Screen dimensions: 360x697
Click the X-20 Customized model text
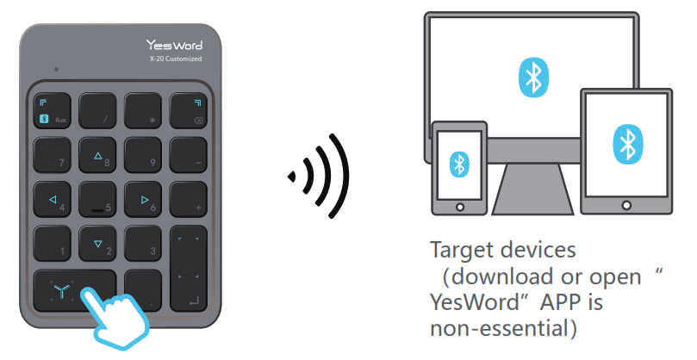click(x=175, y=59)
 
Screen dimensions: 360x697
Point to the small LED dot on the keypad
click(x=57, y=68)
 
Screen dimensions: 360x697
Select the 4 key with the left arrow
click(x=52, y=199)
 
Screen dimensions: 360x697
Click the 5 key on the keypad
click(x=97, y=199)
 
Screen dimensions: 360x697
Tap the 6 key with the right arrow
click(x=143, y=199)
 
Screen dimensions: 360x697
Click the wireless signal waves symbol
click(x=320, y=177)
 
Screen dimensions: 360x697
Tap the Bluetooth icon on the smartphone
click(x=460, y=163)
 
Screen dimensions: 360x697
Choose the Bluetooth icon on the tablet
click(x=625, y=142)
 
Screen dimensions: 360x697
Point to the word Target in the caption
click(x=459, y=251)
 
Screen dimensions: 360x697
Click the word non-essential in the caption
click(x=488, y=329)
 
